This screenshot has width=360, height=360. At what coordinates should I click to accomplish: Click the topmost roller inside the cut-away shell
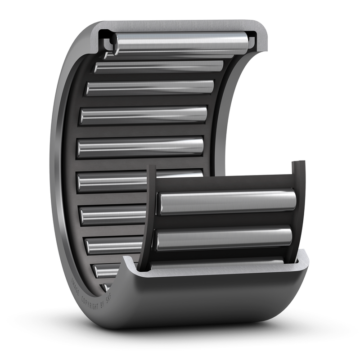[180, 43]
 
